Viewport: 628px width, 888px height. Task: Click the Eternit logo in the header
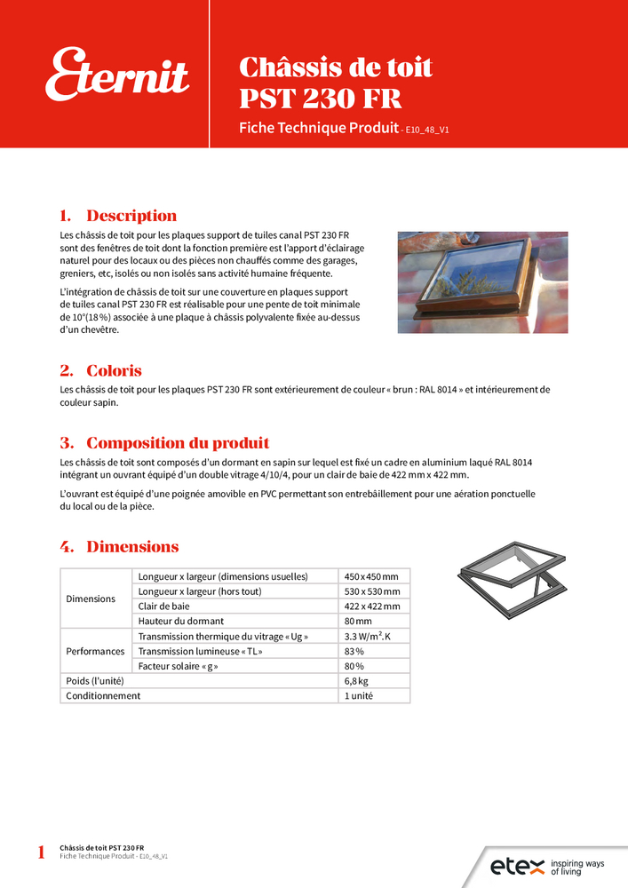pyautogui.click(x=118, y=75)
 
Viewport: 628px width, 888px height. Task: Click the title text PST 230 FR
pyautogui.click(x=320, y=98)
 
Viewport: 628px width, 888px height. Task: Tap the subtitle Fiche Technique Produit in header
pyautogui.click(x=318, y=128)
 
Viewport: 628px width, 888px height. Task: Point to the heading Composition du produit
pyautogui.click(x=178, y=443)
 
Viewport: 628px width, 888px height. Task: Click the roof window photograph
pyautogui.click(x=482, y=281)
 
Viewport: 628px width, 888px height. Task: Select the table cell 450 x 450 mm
pyautogui.click(x=371, y=576)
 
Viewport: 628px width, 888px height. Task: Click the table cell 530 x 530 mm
pyautogui.click(x=371, y=591)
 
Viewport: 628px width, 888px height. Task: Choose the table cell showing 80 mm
pyautogui.click(x=358, y=621)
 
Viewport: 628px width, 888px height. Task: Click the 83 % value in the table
pyautogui.click(x=354, y=651)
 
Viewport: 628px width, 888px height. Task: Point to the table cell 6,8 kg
pyautogui.click(x=356, y=681)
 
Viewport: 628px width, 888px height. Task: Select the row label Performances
pyautogui.click(x=96, y=651)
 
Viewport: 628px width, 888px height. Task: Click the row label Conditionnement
pyautogui.click(x=103, y=696)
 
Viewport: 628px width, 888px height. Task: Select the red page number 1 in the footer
pyautogui.click(x=41, y=853)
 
